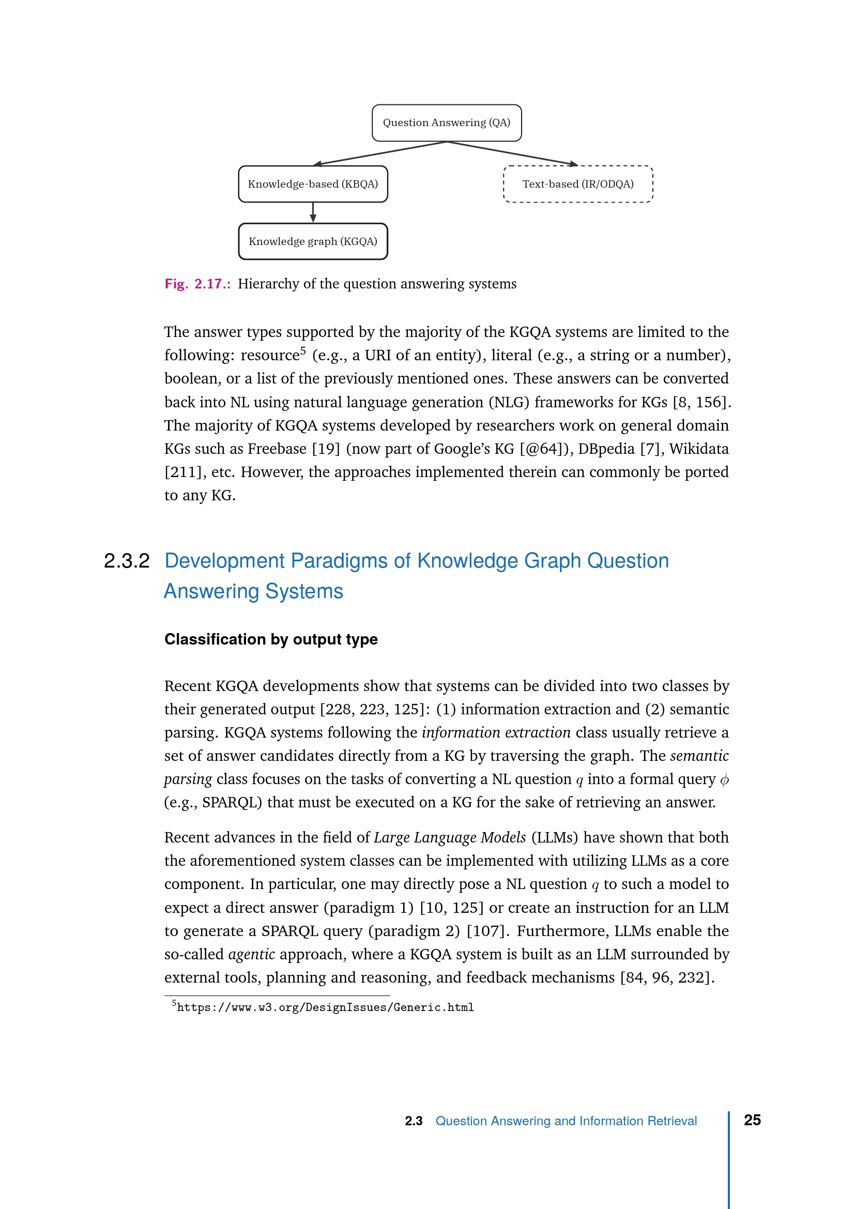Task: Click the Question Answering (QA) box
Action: (447, 123)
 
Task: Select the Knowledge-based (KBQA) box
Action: (313, 185)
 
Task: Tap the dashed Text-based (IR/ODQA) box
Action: (577, 185)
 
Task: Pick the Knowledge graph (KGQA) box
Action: (313, 242)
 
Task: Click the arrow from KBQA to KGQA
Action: (313, 212)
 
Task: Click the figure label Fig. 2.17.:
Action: (197, 284)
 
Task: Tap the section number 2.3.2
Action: (126, 561)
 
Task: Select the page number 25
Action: (752, 1120)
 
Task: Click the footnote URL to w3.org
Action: (325, 1007)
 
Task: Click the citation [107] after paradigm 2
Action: (487, 931)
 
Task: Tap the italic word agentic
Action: (251, 954)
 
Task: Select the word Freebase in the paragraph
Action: (277, 449)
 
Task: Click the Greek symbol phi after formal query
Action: (724, 779)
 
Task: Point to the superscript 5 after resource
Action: (303, 350)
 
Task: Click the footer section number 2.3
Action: (414, 1121)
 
